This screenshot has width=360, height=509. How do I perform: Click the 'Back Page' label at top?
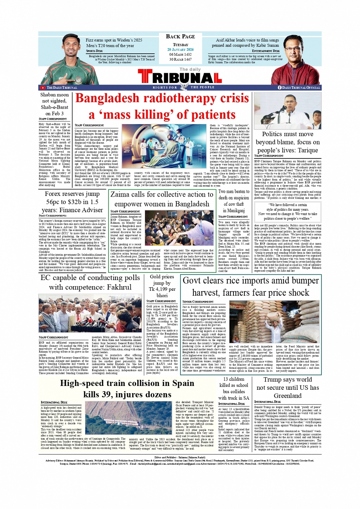coord(180,37)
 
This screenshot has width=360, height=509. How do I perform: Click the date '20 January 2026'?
coord(180,50)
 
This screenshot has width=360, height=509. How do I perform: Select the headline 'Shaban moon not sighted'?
coord(54,98)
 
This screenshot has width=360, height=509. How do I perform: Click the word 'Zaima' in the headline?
coord(120,195)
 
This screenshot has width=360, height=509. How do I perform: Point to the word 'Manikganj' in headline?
coord(234,210)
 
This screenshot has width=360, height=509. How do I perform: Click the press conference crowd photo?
coord(90,313)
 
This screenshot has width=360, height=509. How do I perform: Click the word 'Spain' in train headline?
coord(181,383)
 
